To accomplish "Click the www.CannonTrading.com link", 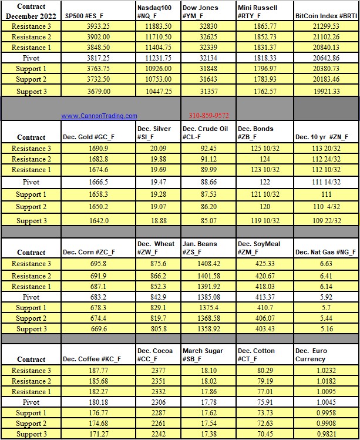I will pos(99,116).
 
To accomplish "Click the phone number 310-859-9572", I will pos(208,116).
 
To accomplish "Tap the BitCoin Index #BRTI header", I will pos(326,16).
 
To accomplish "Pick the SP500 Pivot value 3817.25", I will pos(98,58).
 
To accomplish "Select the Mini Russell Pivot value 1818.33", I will pos(264,58).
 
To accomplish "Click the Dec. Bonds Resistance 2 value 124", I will pos(264,159).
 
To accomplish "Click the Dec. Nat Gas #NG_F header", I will pos(325,253).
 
